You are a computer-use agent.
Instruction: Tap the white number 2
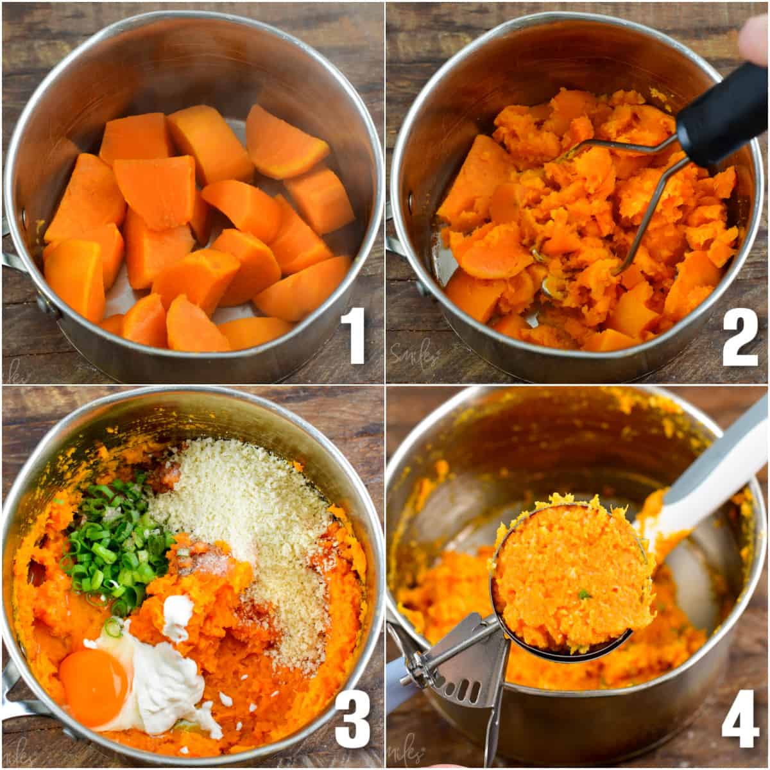(x=739, y=336)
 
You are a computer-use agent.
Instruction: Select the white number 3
(x=352, y=720)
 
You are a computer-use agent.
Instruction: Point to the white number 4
(x=740, y=720)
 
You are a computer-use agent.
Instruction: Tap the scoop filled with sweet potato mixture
(x=571, y=571)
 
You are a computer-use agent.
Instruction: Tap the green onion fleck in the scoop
(x=585, y=595)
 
